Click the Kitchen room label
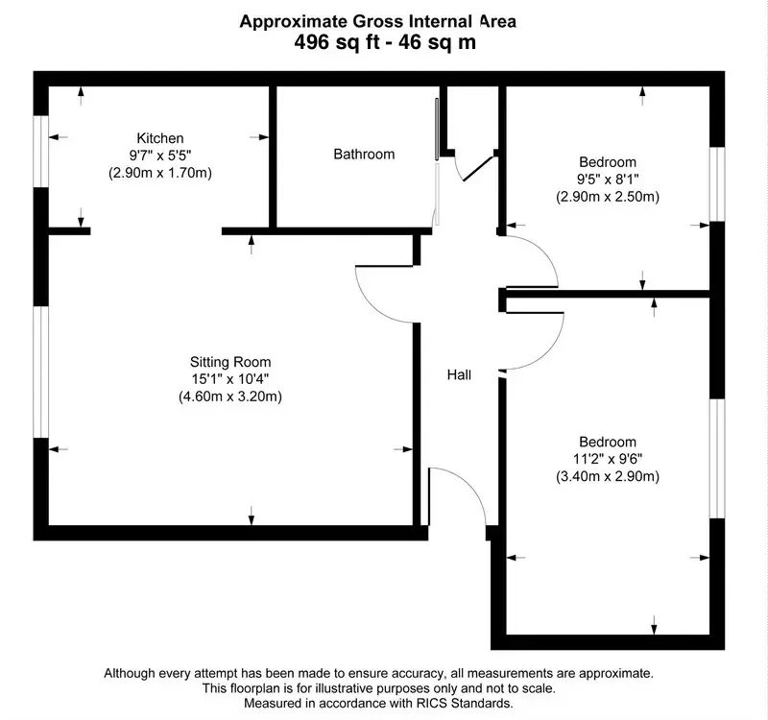coord(160,138)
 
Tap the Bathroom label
coord(364,155)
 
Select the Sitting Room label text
coord(230,362)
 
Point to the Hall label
coord(459,375)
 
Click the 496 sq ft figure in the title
coord(337,42)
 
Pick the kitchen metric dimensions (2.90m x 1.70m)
coord(160,173)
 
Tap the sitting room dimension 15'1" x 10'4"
coord(230,379)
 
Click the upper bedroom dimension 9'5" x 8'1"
coord(608,180)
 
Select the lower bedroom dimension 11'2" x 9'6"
coord(608,459)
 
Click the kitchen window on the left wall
coord(41,151)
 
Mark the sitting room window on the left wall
coord(41,372)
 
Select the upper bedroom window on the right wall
coord(717,183)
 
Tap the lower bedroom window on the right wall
coord(717,459)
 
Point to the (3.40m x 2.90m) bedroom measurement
coord(608,476)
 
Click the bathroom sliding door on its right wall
coord(438,161)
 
